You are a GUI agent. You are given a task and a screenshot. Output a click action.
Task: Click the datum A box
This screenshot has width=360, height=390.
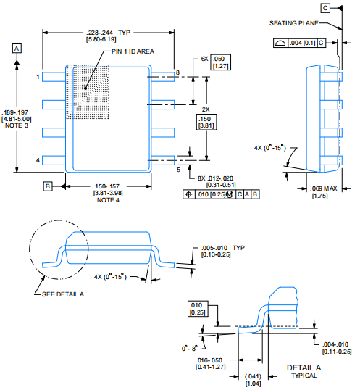point(17,48)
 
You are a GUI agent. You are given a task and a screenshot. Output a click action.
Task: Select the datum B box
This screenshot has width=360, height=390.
point(48,186)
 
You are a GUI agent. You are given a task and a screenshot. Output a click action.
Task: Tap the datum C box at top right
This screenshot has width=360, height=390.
point(346,7)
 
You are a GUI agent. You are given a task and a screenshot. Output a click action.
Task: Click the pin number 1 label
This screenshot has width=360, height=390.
point(38,75)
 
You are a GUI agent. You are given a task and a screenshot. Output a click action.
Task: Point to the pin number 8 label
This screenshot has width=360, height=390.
point(176,72)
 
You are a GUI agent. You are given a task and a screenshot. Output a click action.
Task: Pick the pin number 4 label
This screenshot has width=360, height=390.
point(38,159)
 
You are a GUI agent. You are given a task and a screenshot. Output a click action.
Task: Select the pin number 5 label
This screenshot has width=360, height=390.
point(177,170)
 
